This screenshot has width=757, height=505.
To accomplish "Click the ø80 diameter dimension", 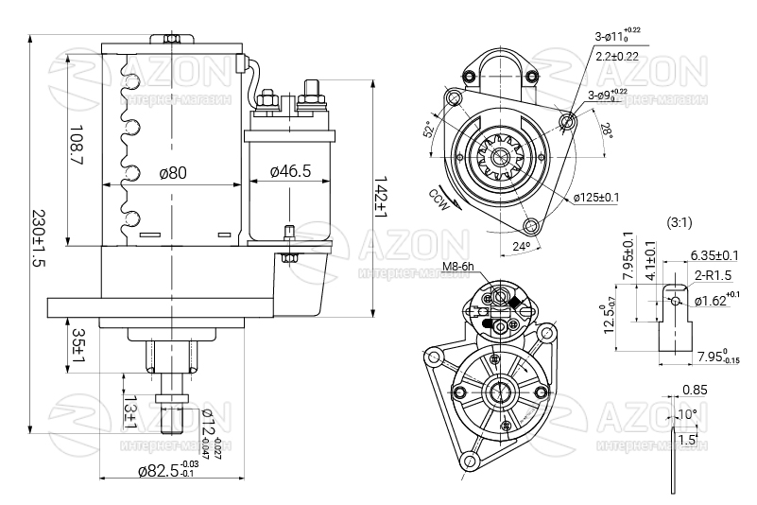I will point(173,172).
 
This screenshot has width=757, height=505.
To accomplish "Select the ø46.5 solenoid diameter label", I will point(290,172).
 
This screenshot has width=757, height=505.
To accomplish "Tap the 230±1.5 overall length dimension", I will point(38,238).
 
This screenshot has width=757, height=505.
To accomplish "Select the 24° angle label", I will point(520,247).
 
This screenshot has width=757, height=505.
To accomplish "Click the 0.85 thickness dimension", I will point(694,390).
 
